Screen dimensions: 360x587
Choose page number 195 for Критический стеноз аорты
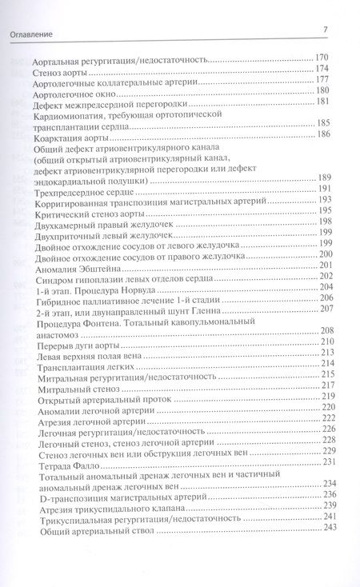[324, 210]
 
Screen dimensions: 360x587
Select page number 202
[324, 277]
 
